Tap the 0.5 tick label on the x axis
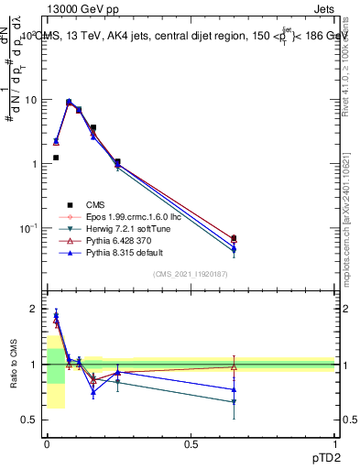191,442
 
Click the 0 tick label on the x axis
47,442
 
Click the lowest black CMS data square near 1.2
56,158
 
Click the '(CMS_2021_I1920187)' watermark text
191,275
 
